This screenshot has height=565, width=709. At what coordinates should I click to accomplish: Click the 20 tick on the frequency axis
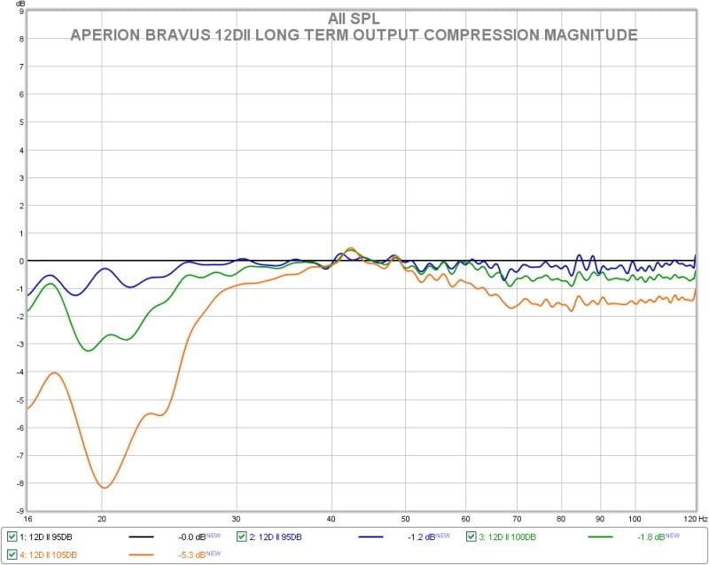[102, 518]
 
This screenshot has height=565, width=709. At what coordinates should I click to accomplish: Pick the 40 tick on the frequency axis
[331, 518]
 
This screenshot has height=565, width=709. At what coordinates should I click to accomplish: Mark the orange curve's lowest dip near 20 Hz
[105, 488]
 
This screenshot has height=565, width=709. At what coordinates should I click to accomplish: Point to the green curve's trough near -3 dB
[88, 350]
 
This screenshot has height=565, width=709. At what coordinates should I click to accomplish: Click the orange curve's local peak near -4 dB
[56, 373]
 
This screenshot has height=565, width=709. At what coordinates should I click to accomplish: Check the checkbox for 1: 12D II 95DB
[12, 537]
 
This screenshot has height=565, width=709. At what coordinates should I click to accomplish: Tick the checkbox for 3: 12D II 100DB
[472, 537]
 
